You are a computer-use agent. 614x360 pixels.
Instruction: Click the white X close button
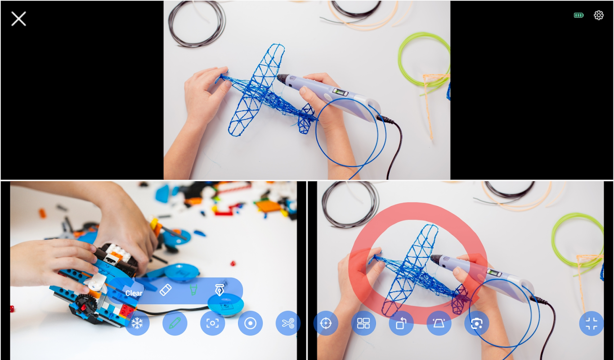pos(18,18)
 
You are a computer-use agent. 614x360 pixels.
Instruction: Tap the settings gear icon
pos(599,15)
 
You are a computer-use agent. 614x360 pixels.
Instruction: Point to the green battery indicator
pos(578,15)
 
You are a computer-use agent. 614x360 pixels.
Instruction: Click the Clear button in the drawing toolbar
pos(134,293)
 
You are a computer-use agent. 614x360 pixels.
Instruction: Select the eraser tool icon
pos(166,290)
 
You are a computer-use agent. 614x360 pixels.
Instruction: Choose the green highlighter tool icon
pos(193,290)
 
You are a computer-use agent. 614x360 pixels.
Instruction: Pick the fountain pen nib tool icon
pos(220,290)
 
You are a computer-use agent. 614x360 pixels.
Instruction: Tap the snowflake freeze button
pos(137,323)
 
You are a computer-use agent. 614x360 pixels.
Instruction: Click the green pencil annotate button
pos(175,323)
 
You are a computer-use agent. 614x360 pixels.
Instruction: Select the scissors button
pos(288,323)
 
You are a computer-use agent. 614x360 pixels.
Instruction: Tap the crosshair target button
pos(326,323)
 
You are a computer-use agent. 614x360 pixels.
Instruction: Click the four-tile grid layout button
pos(363,323)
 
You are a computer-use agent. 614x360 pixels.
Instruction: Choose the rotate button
pos(401,323)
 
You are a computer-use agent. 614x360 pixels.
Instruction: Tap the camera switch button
pos(477,323)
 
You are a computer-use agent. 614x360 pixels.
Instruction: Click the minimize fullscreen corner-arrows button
pos(591,323)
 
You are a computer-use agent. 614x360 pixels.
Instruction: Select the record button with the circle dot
pos(250,323)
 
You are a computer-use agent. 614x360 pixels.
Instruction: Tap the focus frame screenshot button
pos(212,323)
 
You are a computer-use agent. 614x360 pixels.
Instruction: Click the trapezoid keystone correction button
pos(439,323)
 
